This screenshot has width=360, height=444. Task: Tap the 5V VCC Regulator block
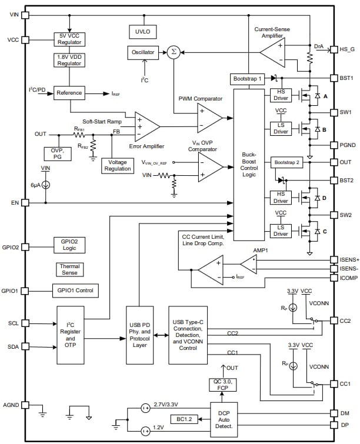69,39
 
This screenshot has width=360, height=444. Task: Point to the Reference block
69,93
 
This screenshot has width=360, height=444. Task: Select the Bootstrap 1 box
247,79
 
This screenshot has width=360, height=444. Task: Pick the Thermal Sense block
69,269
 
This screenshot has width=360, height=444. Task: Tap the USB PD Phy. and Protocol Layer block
139,336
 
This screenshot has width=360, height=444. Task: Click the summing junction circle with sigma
173,52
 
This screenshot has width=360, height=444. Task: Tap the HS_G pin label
346,49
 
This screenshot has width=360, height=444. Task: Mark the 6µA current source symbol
46,184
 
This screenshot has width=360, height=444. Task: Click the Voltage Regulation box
116,165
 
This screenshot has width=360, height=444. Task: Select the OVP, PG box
56,153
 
